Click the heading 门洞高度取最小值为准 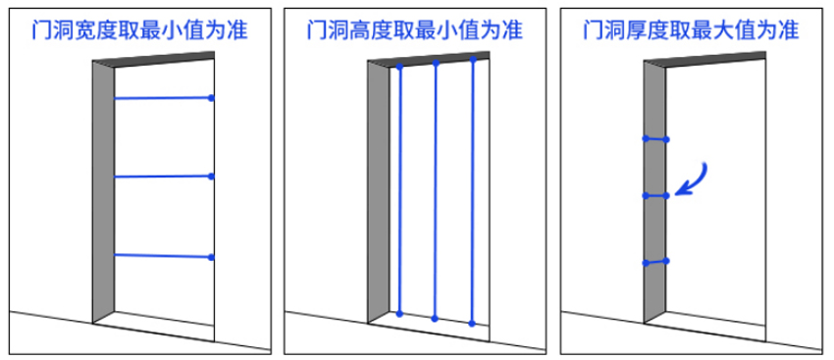[414, 30]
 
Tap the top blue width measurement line [162, 98]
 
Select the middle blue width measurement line [162, 177]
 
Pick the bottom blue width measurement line [162, 256]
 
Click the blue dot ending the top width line [211, 98]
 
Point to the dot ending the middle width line [211, 177]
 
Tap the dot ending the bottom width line [211, 257]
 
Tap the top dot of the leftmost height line [400, 68]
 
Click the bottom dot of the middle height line [435, 318]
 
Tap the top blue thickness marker [655, 138]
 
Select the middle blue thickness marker [655, 196]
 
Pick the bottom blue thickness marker [655, 262]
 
